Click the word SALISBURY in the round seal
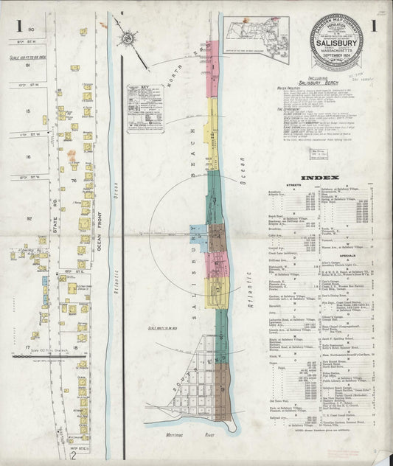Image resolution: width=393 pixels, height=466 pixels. pyautogui.click(x=340, y=42)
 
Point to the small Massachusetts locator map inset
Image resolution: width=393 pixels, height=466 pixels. pyautogui.click(x=256, y=32)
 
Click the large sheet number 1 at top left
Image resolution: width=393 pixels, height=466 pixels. pyautogui.click(x=18, y=27)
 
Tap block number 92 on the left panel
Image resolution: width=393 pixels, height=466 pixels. pyautogui.click(x=30, y=218)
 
